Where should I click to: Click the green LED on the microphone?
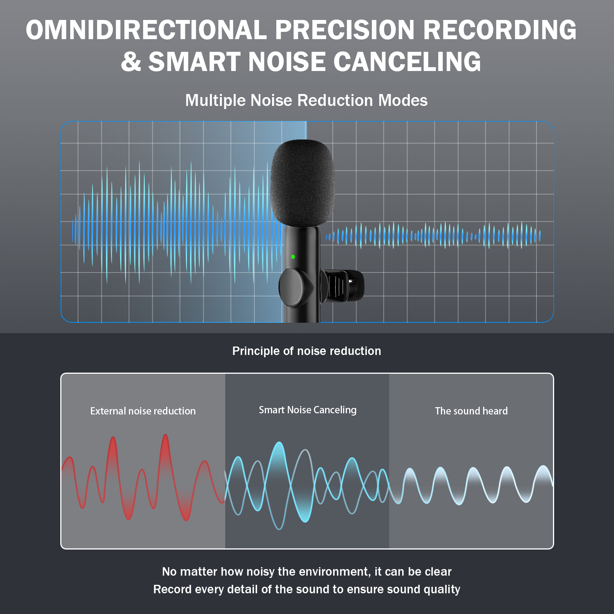[x=293, y=257]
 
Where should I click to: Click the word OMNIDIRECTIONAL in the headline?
[x=146, y=30]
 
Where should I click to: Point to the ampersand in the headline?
[x=131, y=62]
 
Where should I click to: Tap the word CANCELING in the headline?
[x=407, y=62]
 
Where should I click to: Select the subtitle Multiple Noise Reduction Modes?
[x=306, y=101]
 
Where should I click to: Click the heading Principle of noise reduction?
[x=307, y=351]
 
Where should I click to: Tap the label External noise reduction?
[x=143, y=411]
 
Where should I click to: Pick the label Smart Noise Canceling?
[x=308, y=410]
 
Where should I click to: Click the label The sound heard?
[x=471, y=411]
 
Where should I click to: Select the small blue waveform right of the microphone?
[x=433, y=235]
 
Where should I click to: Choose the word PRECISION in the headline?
[x=345, y=30]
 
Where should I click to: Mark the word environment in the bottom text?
[x=331, y=572]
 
